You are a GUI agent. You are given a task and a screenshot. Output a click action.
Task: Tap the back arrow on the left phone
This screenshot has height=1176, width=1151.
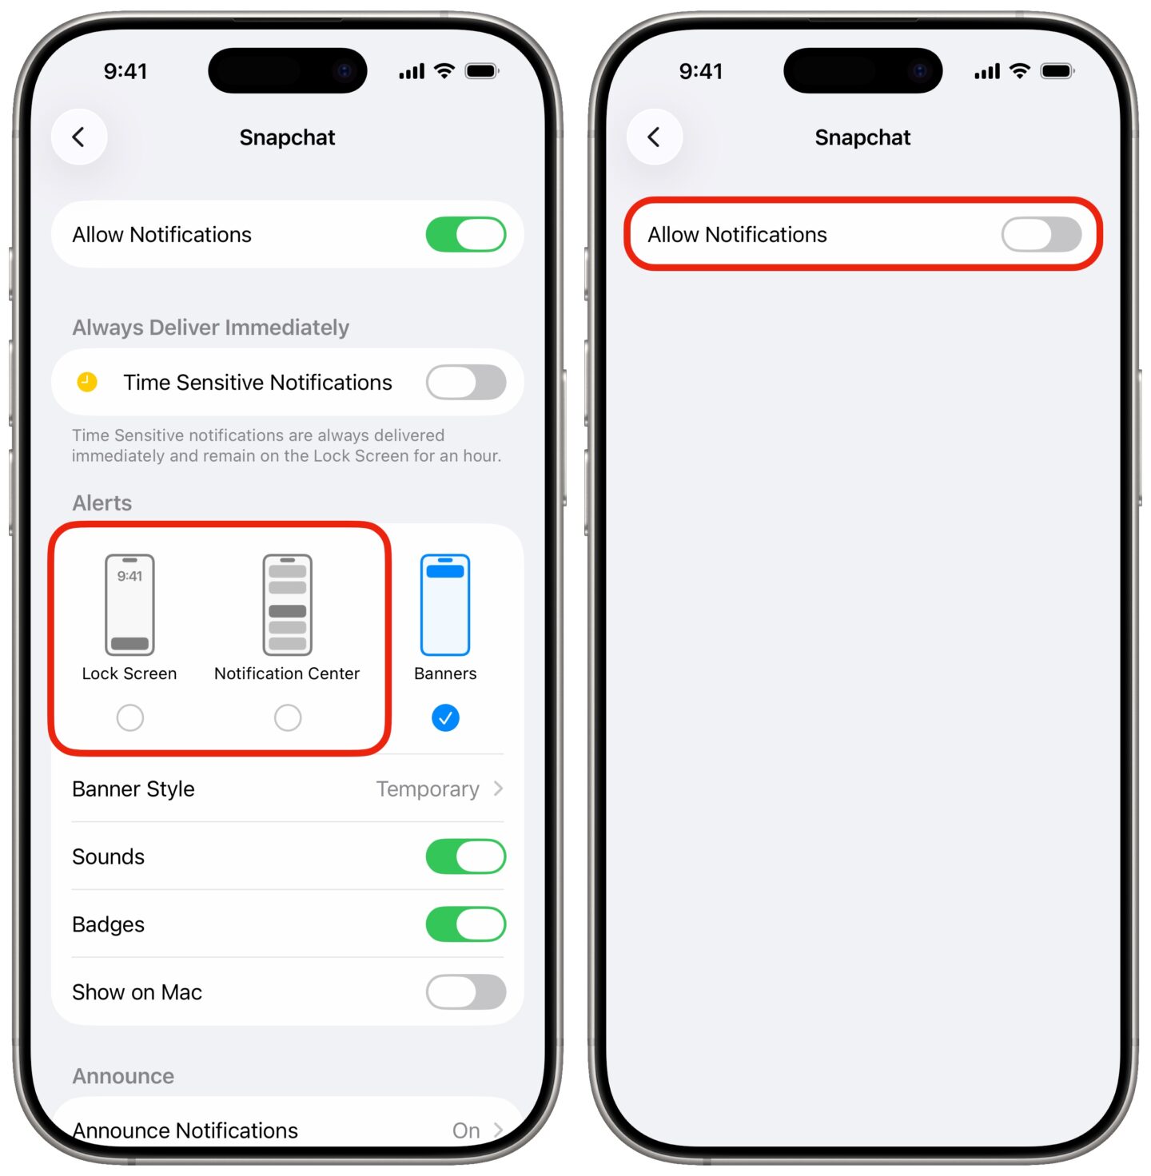[79, 137]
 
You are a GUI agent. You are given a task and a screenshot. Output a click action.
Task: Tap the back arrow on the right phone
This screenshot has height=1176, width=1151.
[654, 137]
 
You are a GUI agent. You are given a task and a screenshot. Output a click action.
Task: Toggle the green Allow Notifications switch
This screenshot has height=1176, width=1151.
[465, 235]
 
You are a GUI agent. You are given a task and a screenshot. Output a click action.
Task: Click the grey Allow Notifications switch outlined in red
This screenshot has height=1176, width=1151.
[1041, 235]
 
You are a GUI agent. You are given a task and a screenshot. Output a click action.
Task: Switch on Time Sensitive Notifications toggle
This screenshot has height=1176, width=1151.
[465, 382]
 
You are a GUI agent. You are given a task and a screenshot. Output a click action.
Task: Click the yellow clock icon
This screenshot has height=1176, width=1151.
[87, 382]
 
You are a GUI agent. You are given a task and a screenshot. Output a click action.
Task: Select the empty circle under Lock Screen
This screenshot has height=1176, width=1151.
[129, 717]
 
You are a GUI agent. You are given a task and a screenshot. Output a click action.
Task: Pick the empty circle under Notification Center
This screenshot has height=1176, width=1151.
[288, 717]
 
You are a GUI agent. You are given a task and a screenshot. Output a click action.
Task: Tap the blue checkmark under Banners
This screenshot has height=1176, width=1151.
[445, 717]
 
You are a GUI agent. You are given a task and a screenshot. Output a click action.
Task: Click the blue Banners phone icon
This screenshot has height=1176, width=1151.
[445, 605]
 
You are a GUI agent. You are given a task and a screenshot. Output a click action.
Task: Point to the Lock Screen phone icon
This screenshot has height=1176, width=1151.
[129, 605]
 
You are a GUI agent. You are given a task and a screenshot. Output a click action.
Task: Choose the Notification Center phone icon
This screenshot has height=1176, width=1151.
[288, 605]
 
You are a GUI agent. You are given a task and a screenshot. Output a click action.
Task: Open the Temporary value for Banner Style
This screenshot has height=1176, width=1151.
[428, 789]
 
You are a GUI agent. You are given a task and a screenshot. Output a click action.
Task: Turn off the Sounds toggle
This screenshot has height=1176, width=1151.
[465, 856]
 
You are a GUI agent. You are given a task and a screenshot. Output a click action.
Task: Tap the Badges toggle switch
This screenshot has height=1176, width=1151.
[465, 924]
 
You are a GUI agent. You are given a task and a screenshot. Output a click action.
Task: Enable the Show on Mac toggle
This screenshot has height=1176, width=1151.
[465, 992]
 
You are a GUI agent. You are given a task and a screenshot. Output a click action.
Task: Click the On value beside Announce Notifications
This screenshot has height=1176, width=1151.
[467, 1130]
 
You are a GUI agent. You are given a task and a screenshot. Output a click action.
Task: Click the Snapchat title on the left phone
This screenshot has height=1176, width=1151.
[287, 137]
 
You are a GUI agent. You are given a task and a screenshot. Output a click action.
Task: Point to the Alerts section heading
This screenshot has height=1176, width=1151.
[102, 503]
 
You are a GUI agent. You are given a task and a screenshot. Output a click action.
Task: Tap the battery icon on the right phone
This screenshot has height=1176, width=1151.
[1057, 71]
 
